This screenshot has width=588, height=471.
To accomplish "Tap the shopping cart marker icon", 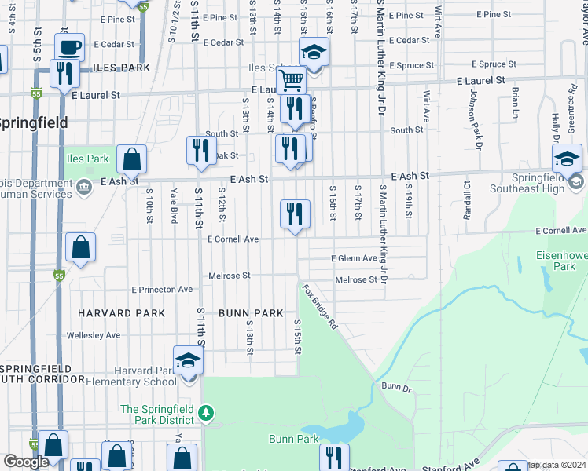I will coord(291,80).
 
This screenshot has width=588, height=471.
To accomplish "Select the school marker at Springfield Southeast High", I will coord(567,159).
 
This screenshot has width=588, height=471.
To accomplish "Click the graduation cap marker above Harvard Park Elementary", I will coord(189,361).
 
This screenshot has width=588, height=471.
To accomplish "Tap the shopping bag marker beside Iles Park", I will coord(132,159).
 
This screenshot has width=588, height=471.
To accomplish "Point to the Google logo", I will coord(26,462).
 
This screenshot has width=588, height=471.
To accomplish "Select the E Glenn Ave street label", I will coord(354,258).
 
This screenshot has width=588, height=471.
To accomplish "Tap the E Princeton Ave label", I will coord(162,290).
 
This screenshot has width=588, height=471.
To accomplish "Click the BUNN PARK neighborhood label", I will coord(251,313).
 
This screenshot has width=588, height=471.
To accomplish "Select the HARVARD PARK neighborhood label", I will coord(122,313).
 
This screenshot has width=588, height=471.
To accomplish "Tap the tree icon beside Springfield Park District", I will coord(204,411).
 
